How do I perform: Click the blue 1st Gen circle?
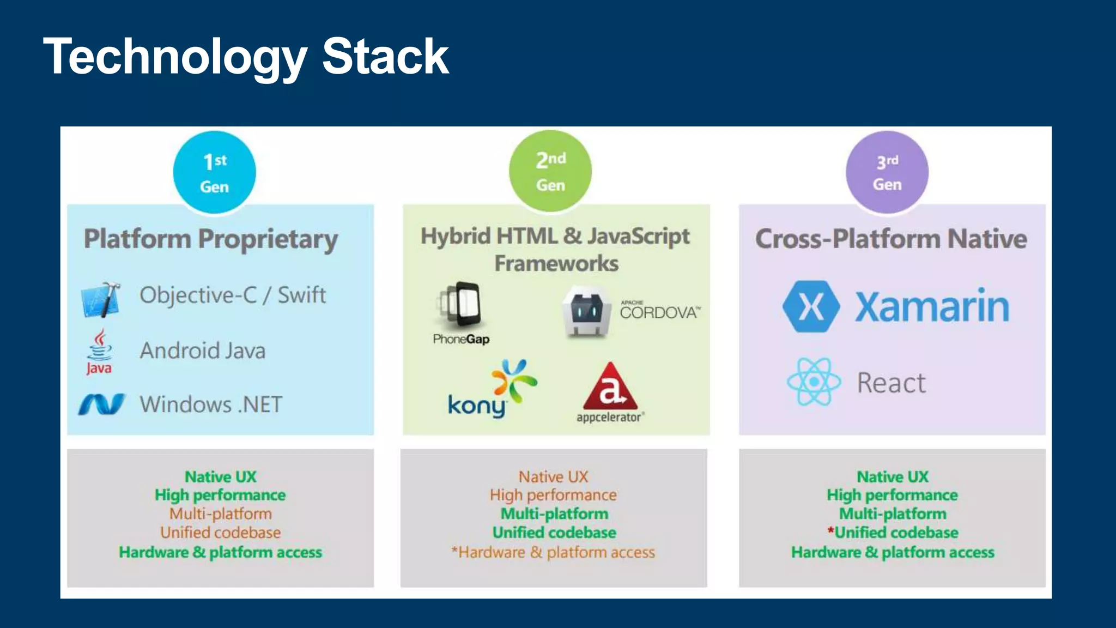pyautogui.click(x=214, y=172)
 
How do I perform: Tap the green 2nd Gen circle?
pyautogui.click(x=550, y=171)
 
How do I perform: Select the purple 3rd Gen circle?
pyautogui.click(x=887, y=172)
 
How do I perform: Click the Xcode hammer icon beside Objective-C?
pyautogui.click(x=101, y=299)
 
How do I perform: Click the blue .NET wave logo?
pyautogui.click(x=101, y=404)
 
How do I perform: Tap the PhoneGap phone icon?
pyautogui.click(x=461, y=306)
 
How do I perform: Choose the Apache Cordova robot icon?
pyautogui.click(x=586, y=312)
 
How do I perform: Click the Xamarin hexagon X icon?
pyautogui.click(x=811, y=306)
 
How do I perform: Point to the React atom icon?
pyautogui.click(x=814, y=382)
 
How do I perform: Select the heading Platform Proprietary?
pyautogui.click(x=211, y=239)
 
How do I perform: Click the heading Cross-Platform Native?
pyautogui.click(x=891, y=239)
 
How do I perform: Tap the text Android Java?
pyautogui.click(x=203, y=351)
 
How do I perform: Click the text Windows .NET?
pyautogui.click(x=211, y=404)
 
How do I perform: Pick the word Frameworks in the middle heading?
pyautogui.click(x=556, y=263)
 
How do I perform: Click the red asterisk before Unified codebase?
pyautogui.click(x=830, y=530)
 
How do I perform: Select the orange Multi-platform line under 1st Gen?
pyautogui.click(x=220, y=514)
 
